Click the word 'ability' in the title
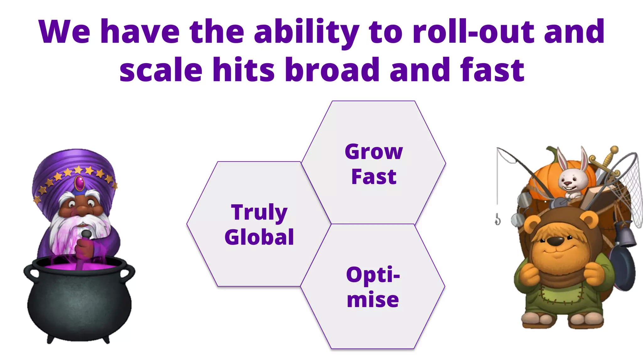(306, 32)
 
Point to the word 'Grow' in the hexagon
(374, 152)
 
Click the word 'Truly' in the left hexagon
(259, 212)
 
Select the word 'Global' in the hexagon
(259, 237)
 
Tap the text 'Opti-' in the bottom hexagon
(373, 275)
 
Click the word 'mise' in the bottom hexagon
(373, 299)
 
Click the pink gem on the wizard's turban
(79, 183)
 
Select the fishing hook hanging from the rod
(498, 219)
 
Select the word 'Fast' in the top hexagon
(374, 177)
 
